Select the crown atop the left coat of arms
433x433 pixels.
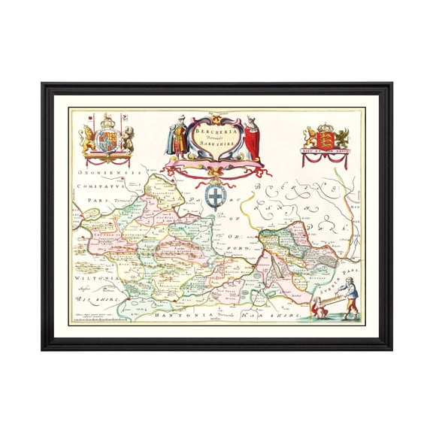click(x=107, y=120)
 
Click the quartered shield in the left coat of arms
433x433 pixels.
click(x=107, y=141)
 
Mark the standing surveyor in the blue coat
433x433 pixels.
click(x=350, y=295)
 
